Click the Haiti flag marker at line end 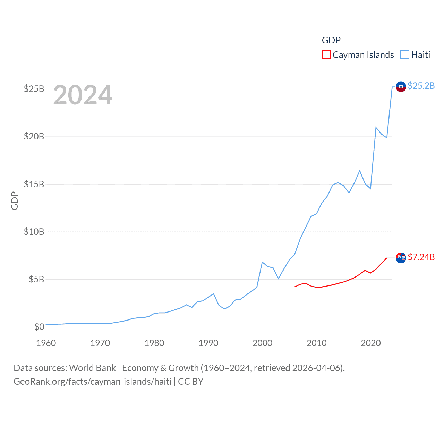(401, 87)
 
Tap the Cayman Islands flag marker (401, 258)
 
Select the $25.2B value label (421, 86)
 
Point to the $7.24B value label (421, 257)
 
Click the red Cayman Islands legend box (326, 55)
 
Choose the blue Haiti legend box (404, 55)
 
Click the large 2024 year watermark (83, 95)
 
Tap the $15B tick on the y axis (34, 184)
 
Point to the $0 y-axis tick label (39, 327)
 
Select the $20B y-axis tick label (34, 136)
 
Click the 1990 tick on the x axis (208, 343)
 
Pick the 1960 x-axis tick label (46, 343)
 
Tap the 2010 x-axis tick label (317, 343)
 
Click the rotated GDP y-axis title (15, 200)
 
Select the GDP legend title (331, 40)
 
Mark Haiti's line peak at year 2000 (262, 262)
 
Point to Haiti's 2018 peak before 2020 (360, 170)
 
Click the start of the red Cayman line (295, 287)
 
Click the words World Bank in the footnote (92, 368)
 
